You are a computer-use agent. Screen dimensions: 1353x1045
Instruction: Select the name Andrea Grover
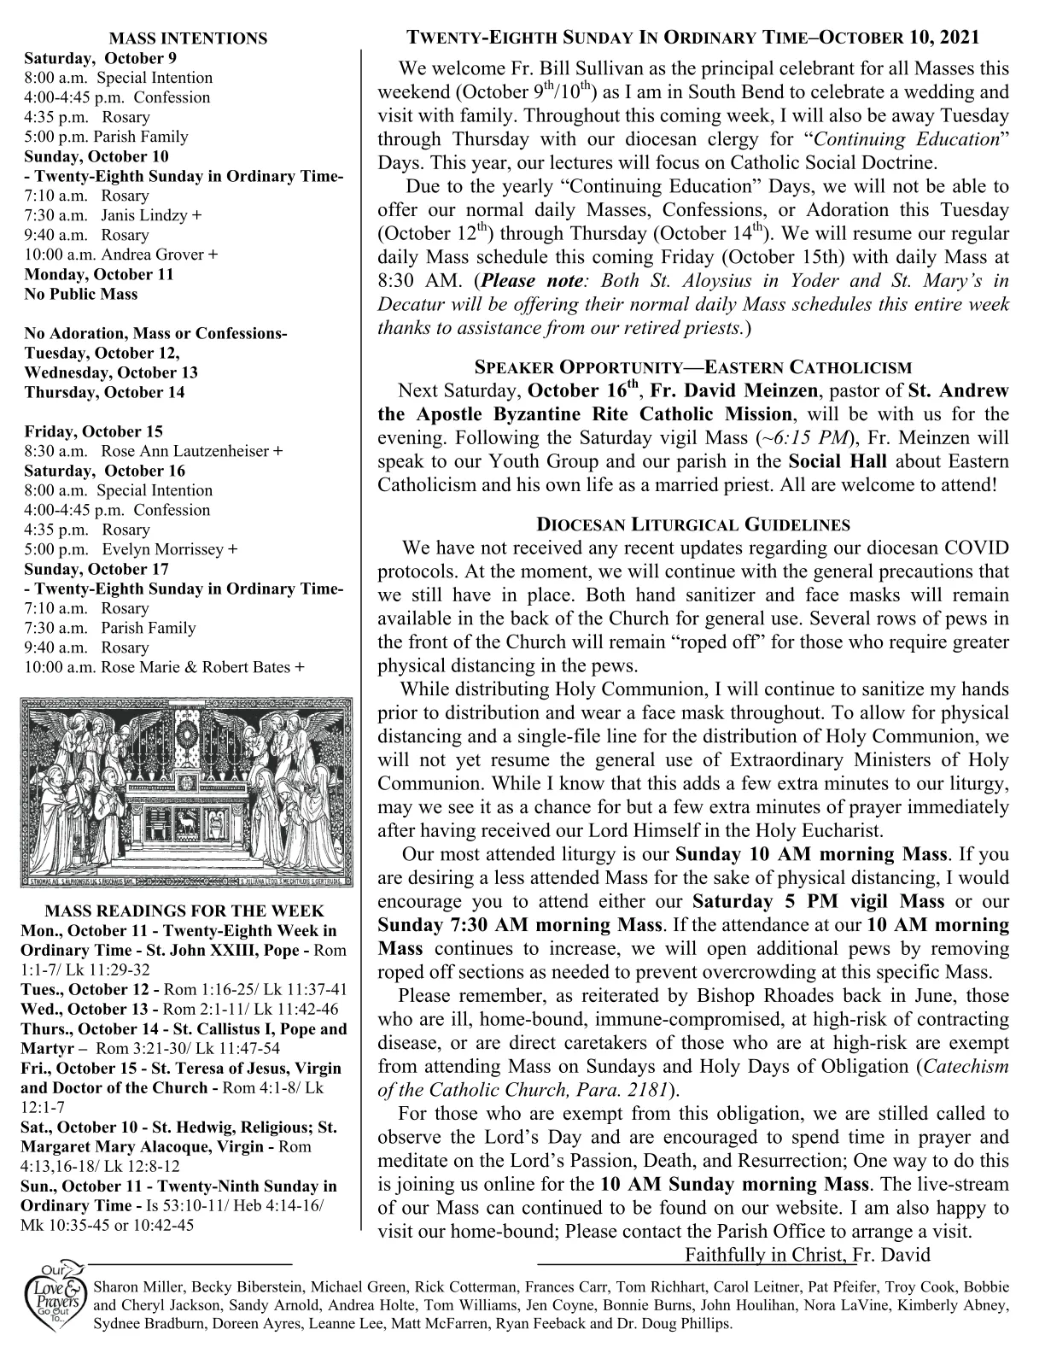(x=155, y=255)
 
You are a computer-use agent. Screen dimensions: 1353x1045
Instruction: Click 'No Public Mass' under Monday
(x=80, y=294)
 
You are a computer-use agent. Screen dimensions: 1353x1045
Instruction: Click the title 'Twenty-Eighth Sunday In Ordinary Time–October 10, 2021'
(x=692, y=38)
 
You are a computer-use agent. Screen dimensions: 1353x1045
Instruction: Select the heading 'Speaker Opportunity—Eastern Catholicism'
(x=692, y=368)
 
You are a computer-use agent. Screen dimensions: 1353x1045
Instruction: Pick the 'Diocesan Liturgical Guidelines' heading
(x=692, y=524)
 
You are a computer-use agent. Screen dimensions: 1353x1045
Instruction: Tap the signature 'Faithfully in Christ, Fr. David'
(x=807, y=1255)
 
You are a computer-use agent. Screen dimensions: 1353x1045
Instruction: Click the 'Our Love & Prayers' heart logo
(x=56, y=1302)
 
